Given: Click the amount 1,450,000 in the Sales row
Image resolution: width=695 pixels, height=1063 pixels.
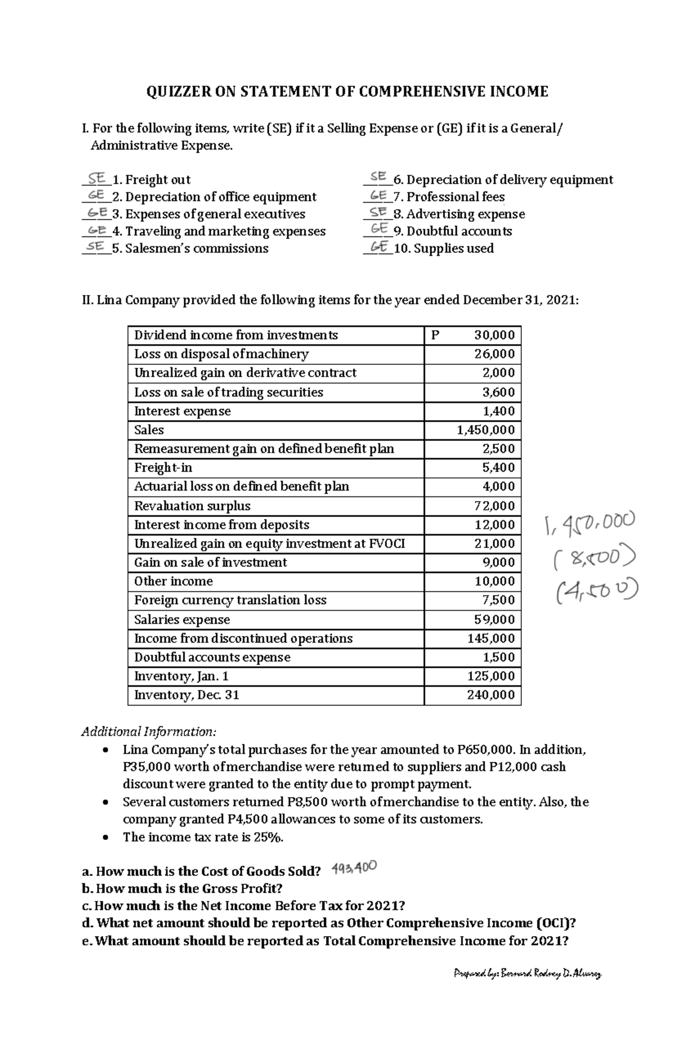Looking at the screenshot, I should point(485,430).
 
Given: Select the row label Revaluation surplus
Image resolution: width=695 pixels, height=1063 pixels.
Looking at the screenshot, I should point(192,506).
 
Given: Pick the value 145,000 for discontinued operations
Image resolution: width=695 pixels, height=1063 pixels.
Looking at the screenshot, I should point(491,638).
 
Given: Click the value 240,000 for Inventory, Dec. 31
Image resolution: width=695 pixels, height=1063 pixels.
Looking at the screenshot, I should point(491,695).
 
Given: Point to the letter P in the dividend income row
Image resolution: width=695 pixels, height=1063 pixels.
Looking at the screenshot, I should point(436,335).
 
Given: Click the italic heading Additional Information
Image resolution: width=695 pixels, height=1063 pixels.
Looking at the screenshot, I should point(149,732).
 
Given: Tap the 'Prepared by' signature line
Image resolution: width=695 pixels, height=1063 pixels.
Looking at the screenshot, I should point(527,974).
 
